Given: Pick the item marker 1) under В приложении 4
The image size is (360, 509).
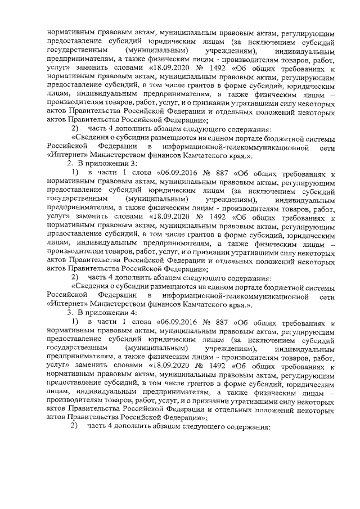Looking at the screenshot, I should click(x=74, y=322).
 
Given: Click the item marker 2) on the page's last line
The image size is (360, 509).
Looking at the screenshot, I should click(x=74, y=427).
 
